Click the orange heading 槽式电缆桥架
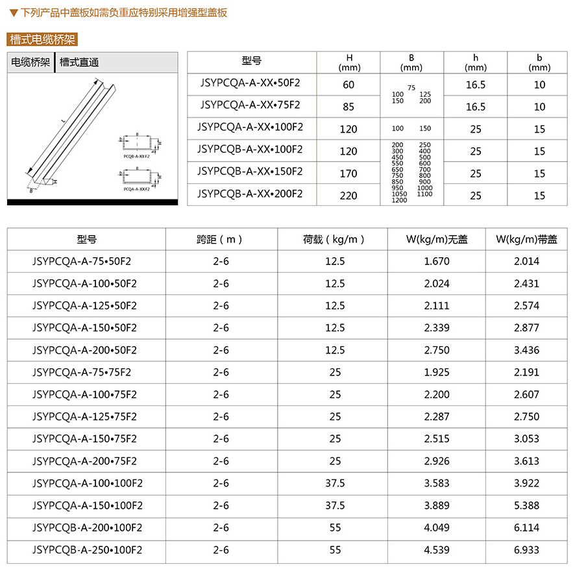(42, 40)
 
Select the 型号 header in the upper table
(251, 61)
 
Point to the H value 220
(349, 196)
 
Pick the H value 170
(349, 173)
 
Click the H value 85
(349, 107)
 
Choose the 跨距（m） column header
(221, 239)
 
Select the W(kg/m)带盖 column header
(526, 239)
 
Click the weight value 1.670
(437, 261)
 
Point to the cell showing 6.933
(526, 550)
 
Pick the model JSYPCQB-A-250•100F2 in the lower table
(87, 550)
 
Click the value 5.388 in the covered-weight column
(526, 505)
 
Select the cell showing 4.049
(437, 527)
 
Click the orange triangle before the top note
(14, 12)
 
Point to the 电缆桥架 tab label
(31, 63)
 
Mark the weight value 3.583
(437, 483)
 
